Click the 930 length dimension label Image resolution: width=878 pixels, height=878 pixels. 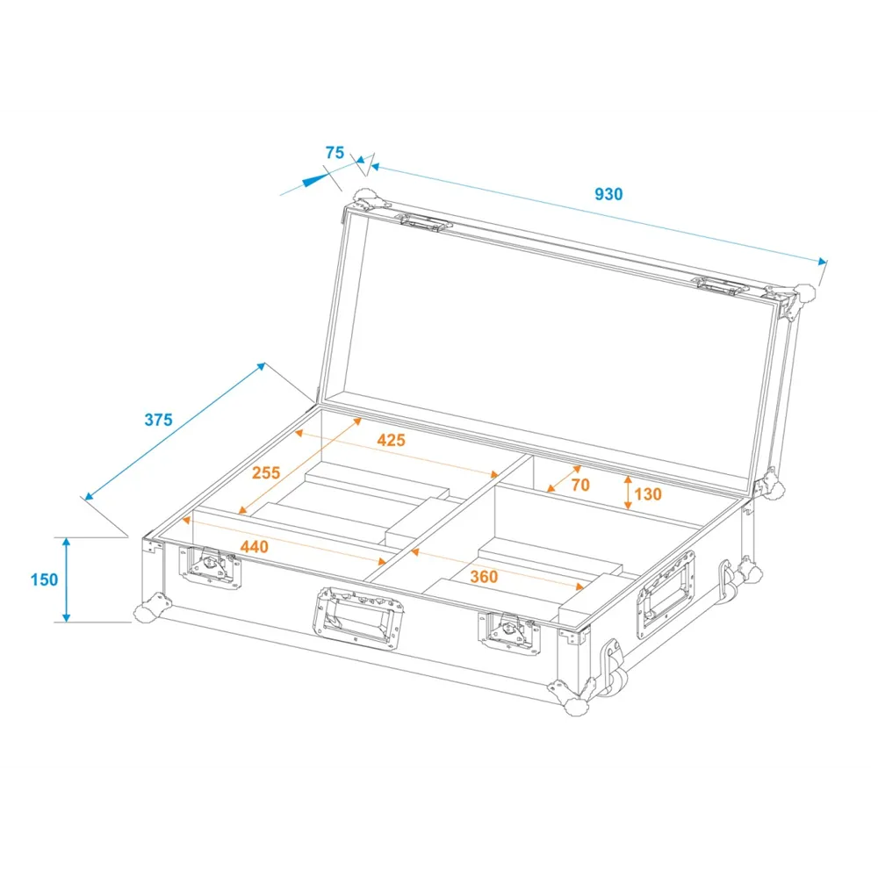608,194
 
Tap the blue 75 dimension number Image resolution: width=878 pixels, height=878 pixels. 335,152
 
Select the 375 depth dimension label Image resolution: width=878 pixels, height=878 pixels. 158,420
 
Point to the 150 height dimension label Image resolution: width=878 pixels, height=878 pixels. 44,579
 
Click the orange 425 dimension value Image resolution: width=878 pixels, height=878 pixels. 391,440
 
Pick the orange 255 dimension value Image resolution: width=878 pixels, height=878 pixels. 266,472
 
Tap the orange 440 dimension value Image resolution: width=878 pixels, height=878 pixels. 255,546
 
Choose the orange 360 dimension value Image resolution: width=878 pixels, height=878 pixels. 484,576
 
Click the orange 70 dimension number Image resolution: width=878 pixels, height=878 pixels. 580,485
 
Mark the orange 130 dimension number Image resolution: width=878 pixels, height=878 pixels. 648,493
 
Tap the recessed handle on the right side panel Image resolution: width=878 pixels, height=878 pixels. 666,594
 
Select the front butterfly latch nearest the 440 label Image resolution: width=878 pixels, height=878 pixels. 211,567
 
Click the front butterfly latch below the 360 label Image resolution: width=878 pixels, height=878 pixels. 509,633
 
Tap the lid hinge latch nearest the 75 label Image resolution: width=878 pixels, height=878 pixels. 426,222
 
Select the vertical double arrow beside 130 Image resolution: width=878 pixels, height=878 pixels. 629,493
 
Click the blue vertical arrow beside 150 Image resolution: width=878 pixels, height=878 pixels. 67,579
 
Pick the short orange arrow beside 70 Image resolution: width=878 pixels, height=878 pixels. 564,479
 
